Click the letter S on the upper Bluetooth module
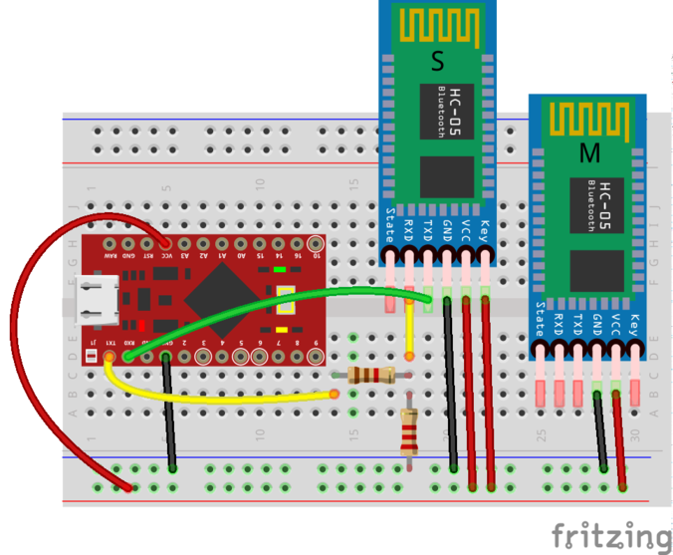point(436,62)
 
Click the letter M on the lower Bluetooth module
point(589,153)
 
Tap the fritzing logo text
point(611,534)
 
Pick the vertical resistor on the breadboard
point(407,432)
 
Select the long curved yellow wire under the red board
point(219,399)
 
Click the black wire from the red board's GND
point(169,409)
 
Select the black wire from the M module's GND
point(600,428)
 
